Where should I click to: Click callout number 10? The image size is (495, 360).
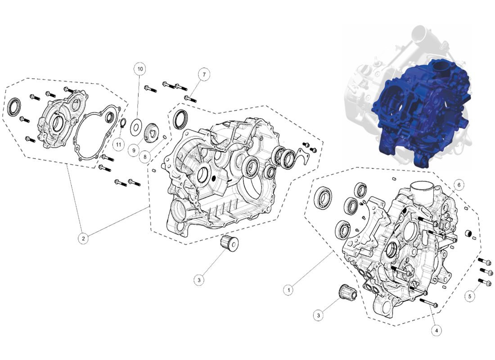(140, 69)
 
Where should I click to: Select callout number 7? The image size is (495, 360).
(204, 75)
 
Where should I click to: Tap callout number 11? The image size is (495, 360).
(118, 144)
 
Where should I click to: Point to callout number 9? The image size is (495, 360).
(134, 150)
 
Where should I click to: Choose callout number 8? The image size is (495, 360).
(145, 157)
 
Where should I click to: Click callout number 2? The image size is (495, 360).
(83, 238)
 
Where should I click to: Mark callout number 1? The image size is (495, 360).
(288, 290)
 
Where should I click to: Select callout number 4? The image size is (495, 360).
(436, 331)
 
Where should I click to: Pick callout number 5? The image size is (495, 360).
(470, 296)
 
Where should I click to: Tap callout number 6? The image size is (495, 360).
(459, 185)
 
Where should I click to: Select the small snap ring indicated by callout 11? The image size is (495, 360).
(124, 123)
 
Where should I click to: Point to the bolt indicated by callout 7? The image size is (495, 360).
(190, 99)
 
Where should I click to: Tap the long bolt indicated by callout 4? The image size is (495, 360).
(429, 303)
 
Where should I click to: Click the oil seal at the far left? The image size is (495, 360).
(14, 107)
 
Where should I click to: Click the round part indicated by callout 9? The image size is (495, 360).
(151, 132)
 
